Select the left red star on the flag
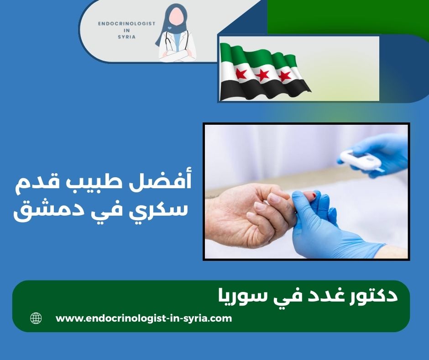coord(241,74)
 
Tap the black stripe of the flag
coord(265,89)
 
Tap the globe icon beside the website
coord(36,318)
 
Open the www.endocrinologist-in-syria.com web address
coord(144,318)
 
